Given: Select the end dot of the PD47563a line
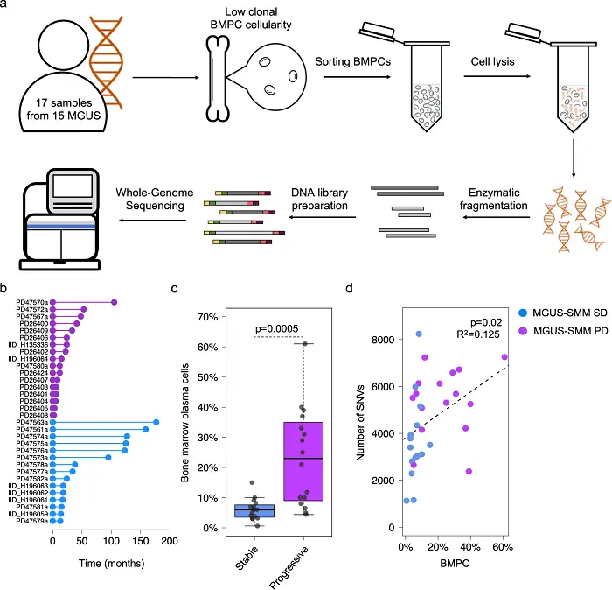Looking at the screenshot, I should click(156, 422).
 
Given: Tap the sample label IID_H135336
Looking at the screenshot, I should click(27, 344).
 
